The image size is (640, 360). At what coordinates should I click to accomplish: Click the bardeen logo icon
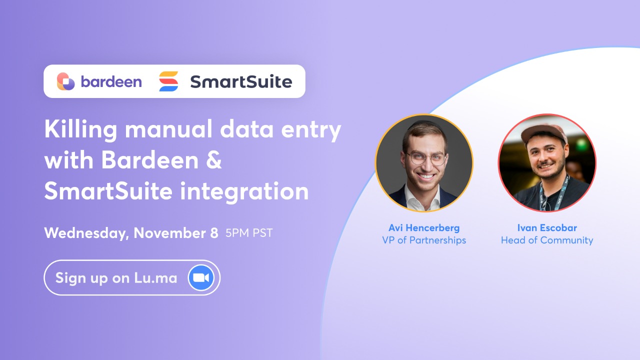(65, 81)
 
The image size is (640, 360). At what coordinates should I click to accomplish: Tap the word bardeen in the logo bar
(111, 81)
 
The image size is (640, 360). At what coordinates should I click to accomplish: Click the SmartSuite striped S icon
(168, 81)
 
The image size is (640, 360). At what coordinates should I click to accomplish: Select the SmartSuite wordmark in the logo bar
(240, 81)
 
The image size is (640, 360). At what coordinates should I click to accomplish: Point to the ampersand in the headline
(213, 161)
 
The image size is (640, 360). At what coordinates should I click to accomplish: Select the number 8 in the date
(213, 233)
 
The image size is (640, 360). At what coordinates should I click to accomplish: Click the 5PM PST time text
(249, 233)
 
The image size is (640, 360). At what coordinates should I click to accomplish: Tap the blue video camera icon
(201, 278)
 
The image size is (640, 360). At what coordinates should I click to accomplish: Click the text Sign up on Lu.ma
(116, 278)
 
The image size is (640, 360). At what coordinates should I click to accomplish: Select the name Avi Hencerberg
(424, 228)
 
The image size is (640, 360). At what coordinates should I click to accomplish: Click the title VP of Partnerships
(424, 240)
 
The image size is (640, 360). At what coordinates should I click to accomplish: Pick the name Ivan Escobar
(547, 228)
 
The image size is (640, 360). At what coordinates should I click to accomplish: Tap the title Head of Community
(547, 240)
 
